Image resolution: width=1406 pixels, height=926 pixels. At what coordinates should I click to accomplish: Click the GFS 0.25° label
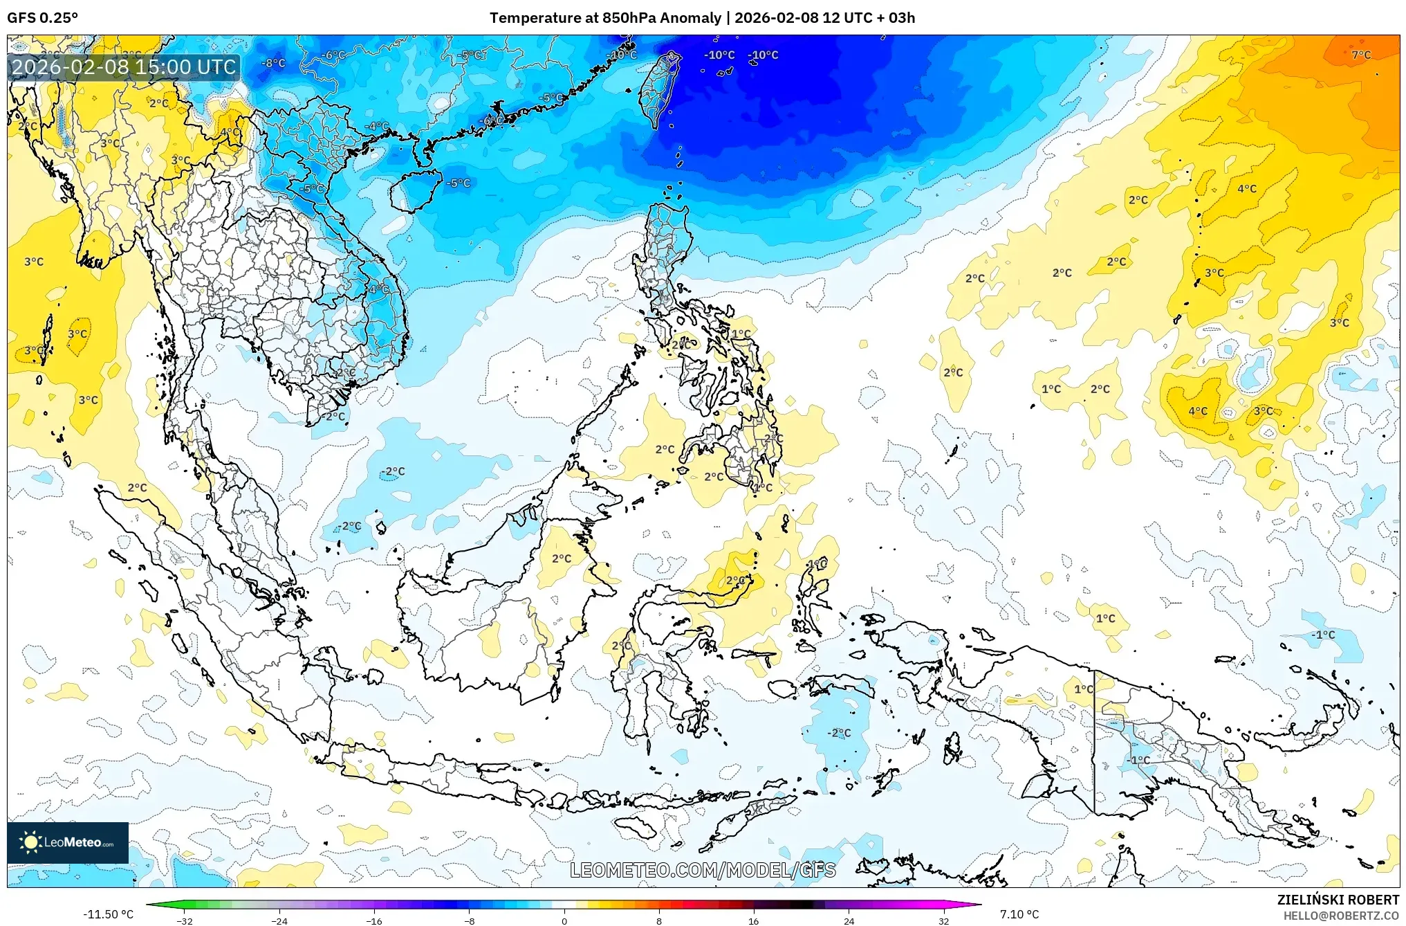pyautogui.click(x=42, y=18)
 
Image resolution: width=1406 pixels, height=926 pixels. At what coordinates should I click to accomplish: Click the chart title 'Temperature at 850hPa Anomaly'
pyautogui.click(x=605, y=18)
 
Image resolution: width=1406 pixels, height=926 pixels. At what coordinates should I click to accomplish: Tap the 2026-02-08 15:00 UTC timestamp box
pyautogui.click(x=124, y=67)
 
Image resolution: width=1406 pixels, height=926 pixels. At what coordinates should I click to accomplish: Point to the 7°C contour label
pyautogui.click(x=1360, y=55)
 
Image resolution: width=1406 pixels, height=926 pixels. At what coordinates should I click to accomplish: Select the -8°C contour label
pyautogui.click(x=273, y=63)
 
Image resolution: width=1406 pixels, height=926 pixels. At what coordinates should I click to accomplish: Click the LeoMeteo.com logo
pyautogui.click(x=68, y=842)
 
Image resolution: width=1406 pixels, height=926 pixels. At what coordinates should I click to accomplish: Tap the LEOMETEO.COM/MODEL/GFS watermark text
pyautogui.click(x=703, y=870)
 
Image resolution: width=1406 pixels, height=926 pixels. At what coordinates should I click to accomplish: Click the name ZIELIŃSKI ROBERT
pyautogui.click(x=1338, y=900)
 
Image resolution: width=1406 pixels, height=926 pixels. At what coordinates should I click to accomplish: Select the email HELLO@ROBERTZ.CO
pyautogui.click(x=1341, y=916)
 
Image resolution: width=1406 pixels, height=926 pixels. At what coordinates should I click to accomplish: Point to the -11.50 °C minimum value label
pyautogui.click(x=108, y=914)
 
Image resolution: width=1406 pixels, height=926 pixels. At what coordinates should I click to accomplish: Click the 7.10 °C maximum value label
pyautogui.click(x=1019, y=914)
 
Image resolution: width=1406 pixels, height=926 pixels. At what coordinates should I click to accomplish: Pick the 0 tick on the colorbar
pyautogui.click(x=564, y=920)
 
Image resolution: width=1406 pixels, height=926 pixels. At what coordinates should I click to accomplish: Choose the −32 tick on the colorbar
pyautogui.click(x=185, y=920)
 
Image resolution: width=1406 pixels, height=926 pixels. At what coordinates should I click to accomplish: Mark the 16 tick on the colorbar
pyautogui.click(x=754, y=920)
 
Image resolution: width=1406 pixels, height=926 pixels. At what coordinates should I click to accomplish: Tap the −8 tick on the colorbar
pyautogui.click(x=469, y=920)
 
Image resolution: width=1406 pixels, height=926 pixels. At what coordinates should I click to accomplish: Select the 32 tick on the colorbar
pyautogui.click(x=943, y=920)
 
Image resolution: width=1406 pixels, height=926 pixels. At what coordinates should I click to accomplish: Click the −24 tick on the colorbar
pyautogui.click(x=279, y=920)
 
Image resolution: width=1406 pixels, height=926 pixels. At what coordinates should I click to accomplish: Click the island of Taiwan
pyautogui.click(x=658, y=90)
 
